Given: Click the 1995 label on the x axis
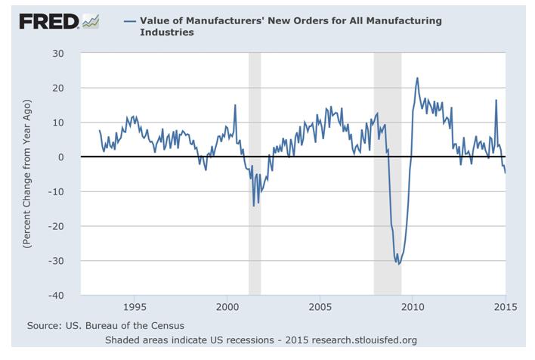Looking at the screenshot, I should pyautogui.click(x=134, y=308).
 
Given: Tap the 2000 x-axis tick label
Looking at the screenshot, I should pyautogui.click(x=227, y=308).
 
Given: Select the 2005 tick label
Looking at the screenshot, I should pyautogui.click(x=320, y=308).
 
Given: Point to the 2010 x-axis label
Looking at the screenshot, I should pyautogui.click(x=412, y=308).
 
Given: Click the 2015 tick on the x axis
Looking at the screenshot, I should pyautogui.click(x=504, y=308).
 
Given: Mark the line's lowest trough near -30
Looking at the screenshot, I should pyautogui.click(x=398, y=264).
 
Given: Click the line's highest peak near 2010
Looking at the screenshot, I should pyautogui.click(x=417, y=78).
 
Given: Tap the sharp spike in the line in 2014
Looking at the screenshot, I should pyautogui.click(x=496, y=101).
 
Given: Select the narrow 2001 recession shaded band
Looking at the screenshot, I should pyautogui.click(x=255, y=174).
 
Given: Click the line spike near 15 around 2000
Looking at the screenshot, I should pyautogui.click(x=235, y=105).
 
